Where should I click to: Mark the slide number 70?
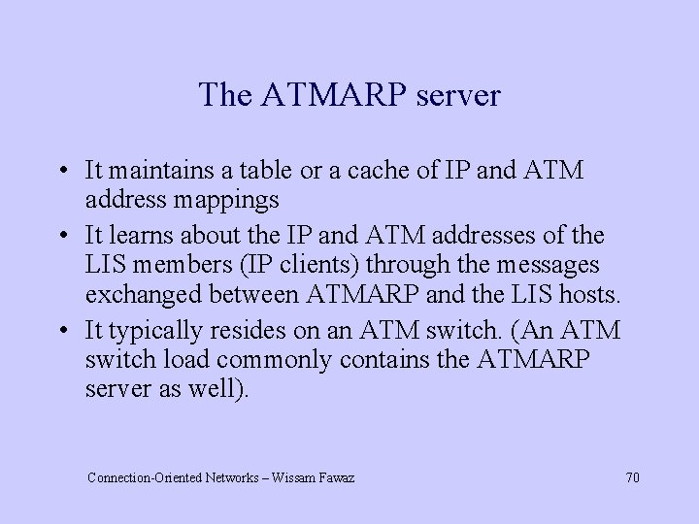[632, 477]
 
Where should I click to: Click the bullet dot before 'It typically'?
[61, 332]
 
